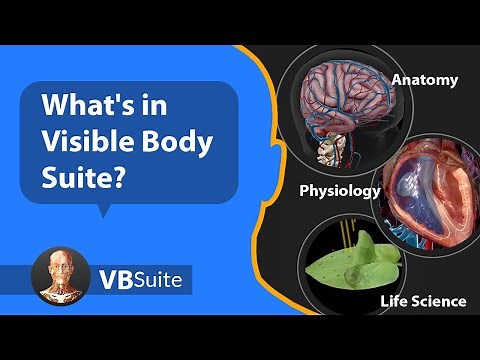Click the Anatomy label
424,79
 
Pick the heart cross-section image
430,190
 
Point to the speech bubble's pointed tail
101,209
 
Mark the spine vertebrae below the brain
329,150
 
